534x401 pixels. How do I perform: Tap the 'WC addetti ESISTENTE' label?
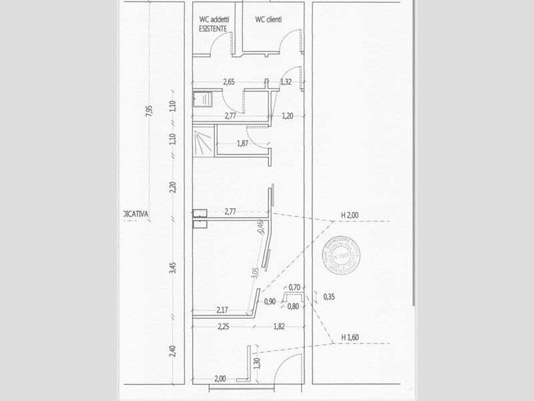(x=214, y=24)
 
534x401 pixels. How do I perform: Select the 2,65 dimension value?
(x=229, y=82)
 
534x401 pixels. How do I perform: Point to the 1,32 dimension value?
(x=286, y=82)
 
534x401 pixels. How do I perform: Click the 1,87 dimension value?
(x=245, y=144)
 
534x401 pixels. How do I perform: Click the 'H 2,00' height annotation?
(x=349, y=215)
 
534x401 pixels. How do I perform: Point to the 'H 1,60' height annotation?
(x=349, y=337)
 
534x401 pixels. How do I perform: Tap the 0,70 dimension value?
(x=293, y=287)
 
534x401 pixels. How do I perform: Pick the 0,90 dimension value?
(x=270, y=301)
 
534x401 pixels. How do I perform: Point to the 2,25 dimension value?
(x=224, y=326)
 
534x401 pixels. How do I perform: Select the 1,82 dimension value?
(x=281, y=326)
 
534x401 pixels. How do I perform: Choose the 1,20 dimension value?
(x=287, y=116)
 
